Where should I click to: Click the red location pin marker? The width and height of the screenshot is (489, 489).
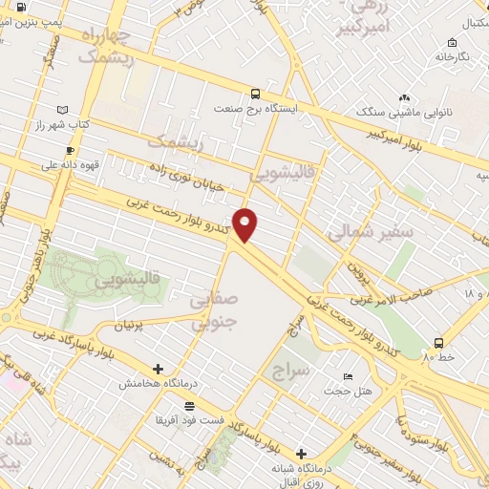(x=245, y=224)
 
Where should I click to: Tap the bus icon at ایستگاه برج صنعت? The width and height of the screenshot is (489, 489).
(x=255, y=94)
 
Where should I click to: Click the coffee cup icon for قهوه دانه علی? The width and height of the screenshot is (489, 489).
(x=70, y=150)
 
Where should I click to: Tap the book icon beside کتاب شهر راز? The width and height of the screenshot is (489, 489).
(x=63, y=110)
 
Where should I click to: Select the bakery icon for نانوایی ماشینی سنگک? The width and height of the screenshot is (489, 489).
(x=405, y=97)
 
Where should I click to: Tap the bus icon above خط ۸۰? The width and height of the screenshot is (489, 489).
(x=438, y=342)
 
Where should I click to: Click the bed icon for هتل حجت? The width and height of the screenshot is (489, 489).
(x=348, y=376)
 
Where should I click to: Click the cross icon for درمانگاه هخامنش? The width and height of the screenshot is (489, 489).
(x=159, y=369)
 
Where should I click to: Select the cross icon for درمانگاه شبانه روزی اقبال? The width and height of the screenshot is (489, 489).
(x=302, y=454)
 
